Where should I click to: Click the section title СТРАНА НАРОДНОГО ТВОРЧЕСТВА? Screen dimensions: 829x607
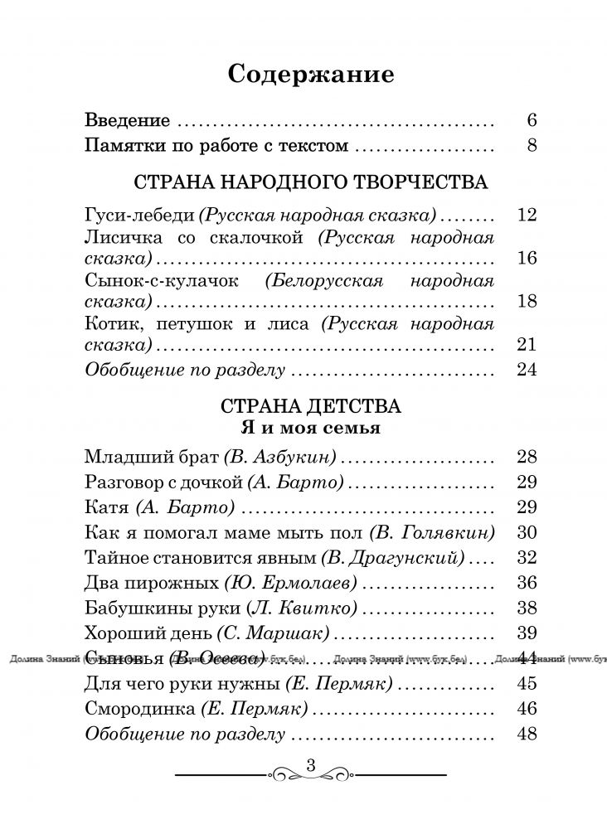pos(310,182)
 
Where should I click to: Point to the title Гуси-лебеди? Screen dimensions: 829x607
pos(139,216)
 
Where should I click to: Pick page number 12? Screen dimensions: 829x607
pos(527,216)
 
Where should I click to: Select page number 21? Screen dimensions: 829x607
pos(527,345)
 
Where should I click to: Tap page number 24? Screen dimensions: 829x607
pos(527,370)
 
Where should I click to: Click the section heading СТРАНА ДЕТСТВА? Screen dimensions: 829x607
pos(310,407)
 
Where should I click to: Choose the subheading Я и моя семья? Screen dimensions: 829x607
pos(310,428)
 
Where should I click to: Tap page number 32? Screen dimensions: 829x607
pos(527,557)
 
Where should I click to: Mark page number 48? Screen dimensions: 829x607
pos(527,734)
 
